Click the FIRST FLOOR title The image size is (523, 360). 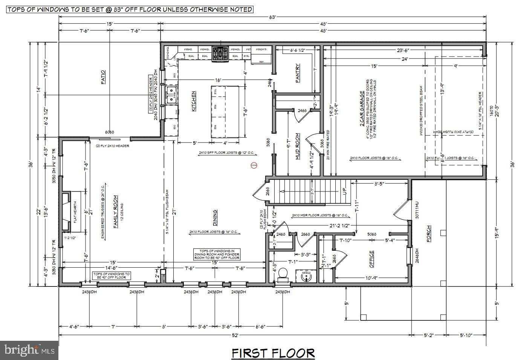tap(273, 353)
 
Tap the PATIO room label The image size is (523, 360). tap(103, 77)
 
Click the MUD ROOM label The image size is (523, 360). tap(297, 146)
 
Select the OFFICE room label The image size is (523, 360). tap(372, 259)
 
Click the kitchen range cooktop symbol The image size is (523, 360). tap(220, 54)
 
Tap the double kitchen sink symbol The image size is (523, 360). tap(171, 95)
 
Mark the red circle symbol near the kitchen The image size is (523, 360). tap(254, 165)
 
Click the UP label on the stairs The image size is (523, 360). tap(344, 191)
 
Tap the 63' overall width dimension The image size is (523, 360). tap(272, 17)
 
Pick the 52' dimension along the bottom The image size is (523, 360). tap(235, 335)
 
